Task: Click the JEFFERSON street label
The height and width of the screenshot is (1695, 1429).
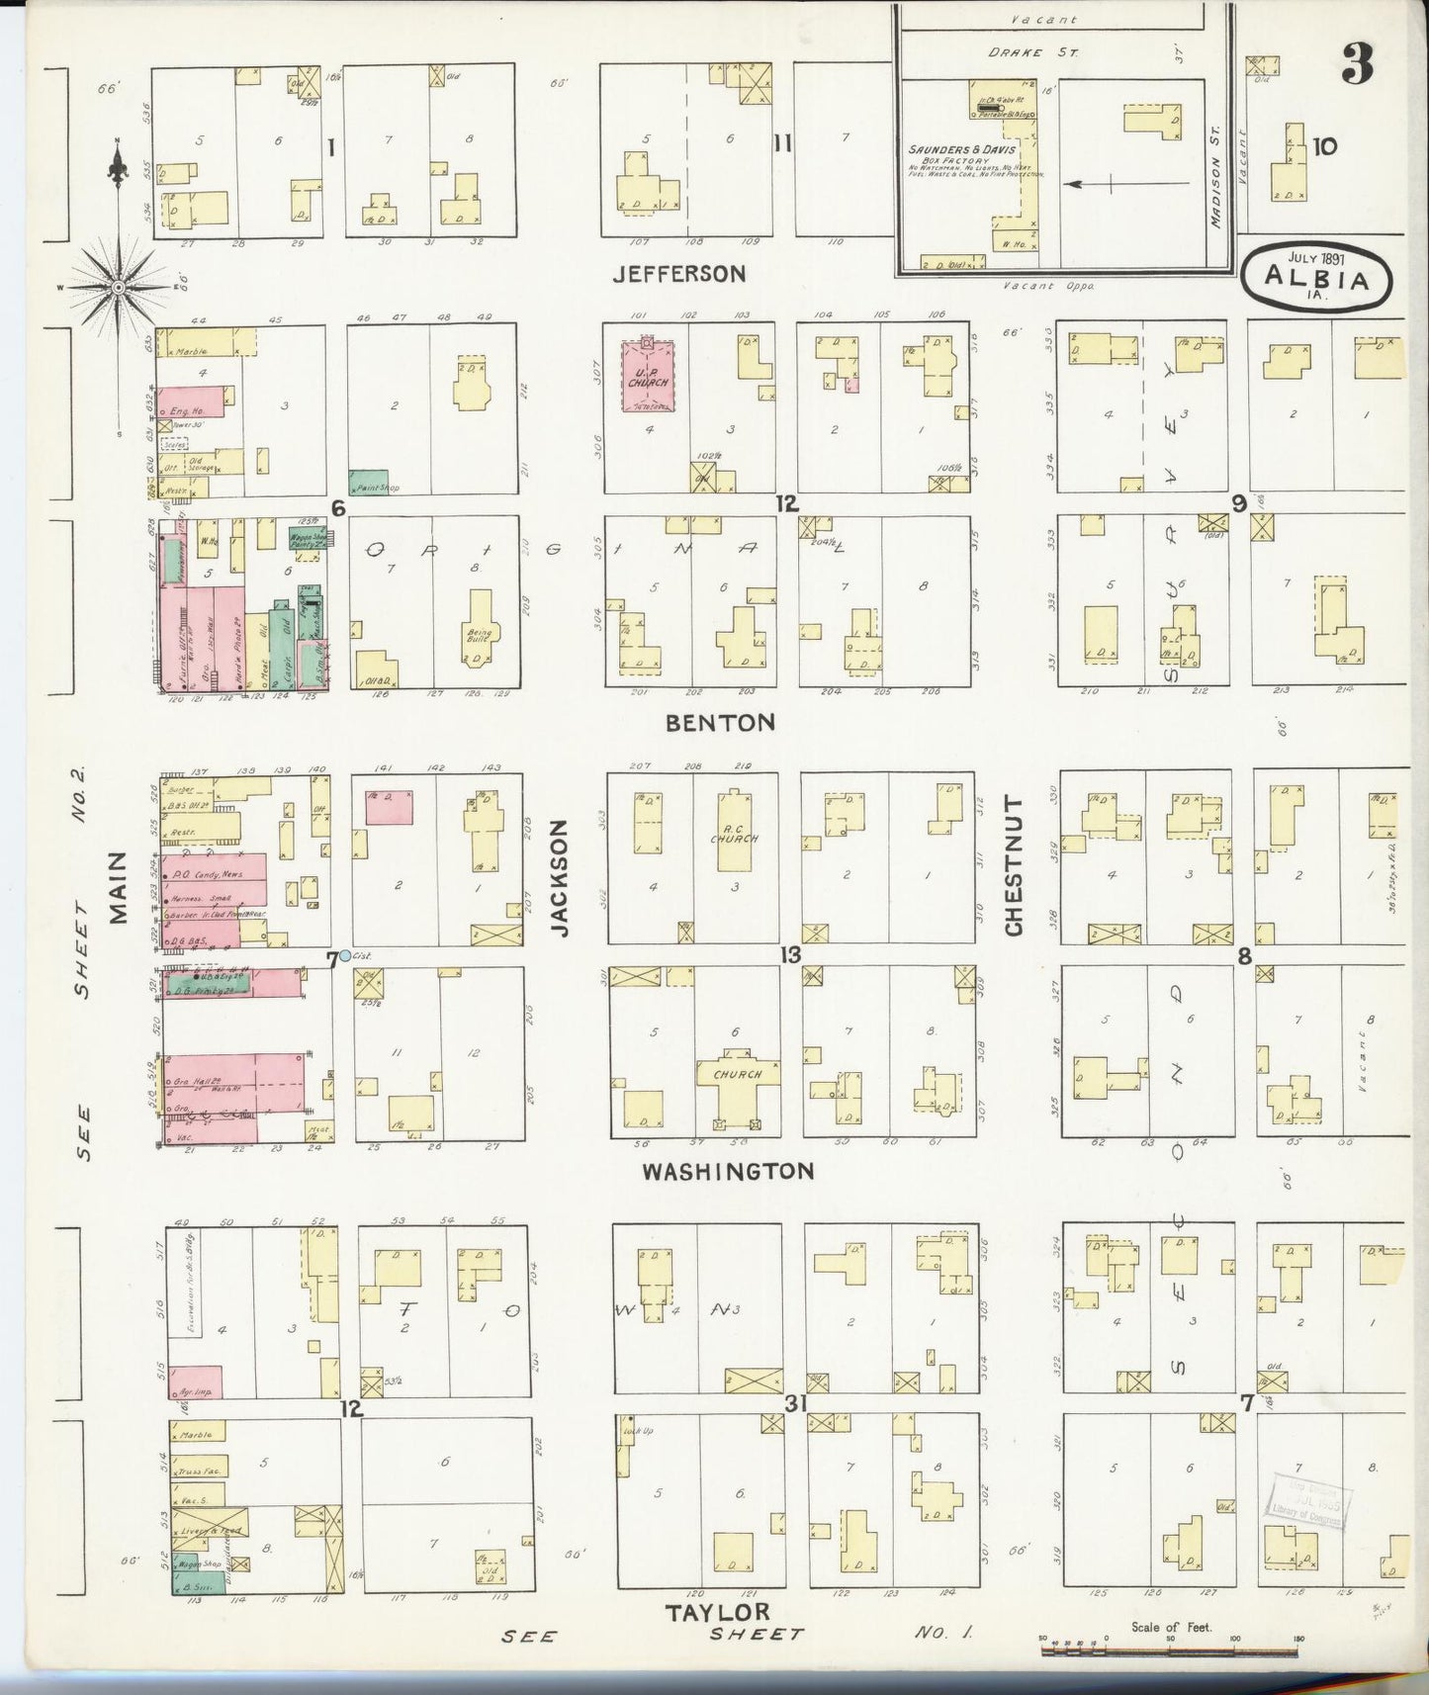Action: click(678, 274)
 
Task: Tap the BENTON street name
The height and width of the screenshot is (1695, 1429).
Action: click(719, 723)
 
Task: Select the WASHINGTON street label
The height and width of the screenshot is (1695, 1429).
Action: click(728, 1172)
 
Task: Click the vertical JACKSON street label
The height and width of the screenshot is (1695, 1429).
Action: click(561, 878)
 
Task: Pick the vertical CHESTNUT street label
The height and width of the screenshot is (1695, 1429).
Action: click(1014, 878)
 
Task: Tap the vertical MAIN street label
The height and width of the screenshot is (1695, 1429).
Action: click(120, 887)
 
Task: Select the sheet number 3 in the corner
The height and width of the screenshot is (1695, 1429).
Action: click(1358, 65)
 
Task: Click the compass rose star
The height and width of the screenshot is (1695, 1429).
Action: click(118, 287)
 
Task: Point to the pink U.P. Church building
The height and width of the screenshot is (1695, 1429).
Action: click(648, 376)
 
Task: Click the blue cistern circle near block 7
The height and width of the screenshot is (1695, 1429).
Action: click(344, 955)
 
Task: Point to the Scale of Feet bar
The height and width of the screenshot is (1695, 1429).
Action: click(1171, 1639)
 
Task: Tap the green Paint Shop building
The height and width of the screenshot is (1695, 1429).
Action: click(367, 482)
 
